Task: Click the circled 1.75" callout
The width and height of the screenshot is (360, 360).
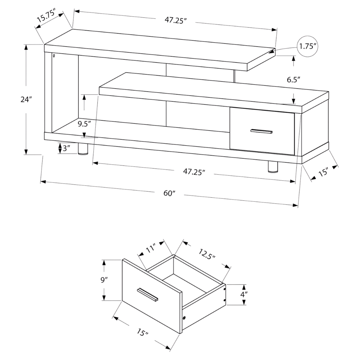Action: [307, 47]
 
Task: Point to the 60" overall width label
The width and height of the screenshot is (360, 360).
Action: [169, 193]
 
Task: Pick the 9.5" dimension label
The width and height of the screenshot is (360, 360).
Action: [84, 125]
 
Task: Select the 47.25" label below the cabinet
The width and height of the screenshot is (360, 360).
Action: [193, 172]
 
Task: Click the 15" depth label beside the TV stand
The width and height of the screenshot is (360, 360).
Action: [322, 172]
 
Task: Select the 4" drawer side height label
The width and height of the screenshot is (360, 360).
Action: [244, 295]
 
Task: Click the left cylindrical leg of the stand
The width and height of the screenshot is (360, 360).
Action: [83, 149]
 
